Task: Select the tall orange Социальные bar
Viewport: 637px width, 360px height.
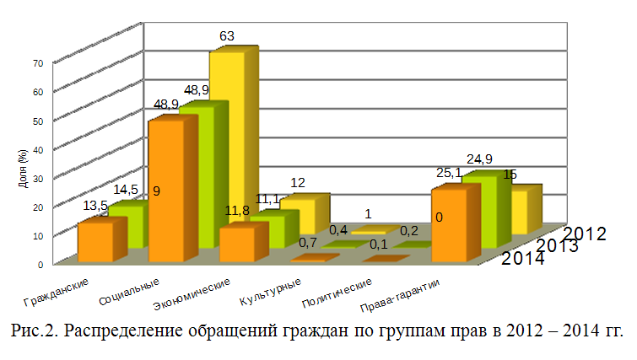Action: [166, 190]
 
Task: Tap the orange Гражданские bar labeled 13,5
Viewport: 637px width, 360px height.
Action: [94, 241]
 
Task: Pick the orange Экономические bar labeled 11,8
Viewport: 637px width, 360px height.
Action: [235, 244]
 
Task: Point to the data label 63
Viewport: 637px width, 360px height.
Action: [226, 36]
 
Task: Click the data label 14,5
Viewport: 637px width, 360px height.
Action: [127, 191]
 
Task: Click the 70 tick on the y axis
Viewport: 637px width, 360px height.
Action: [38, 62]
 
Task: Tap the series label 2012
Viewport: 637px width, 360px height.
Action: [585, 234]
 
